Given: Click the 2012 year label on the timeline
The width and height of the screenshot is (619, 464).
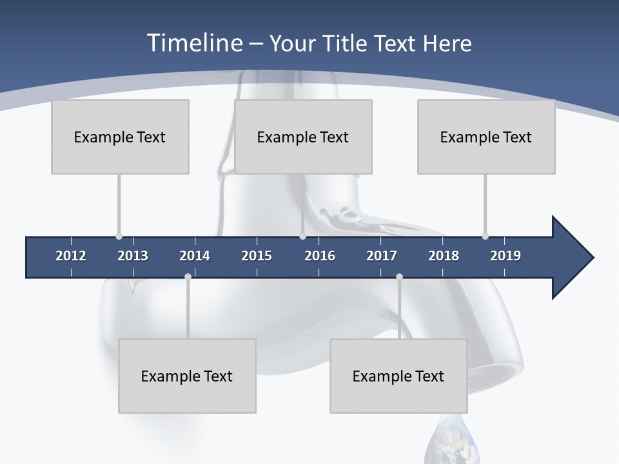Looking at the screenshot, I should pyautogui.click(x=71, y=256).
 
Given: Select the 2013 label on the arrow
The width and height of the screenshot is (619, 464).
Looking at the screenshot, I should pyautogui.click(x=133, y=256).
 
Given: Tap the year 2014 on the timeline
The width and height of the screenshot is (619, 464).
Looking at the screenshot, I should pyautogui.click(x=195, y=256).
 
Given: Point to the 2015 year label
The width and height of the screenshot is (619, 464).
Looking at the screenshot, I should pyautogui.click(x=257, y=256).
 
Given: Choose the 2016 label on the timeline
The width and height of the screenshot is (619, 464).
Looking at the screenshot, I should pyautogui.click(x=320, y=256).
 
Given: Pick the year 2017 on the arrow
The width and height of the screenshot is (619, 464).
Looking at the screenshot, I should pyautogui.click(x=382, y=256).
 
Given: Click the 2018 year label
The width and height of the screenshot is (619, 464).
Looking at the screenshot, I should pyautogui.click(x=444, y=256).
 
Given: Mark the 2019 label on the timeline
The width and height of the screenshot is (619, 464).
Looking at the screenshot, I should pyautogui.click(x=506, y=256).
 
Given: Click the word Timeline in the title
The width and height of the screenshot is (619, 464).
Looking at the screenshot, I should pyautogui.click(x=194, y=43).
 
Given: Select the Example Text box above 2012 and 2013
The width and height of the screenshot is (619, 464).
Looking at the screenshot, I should pyautogui.click(x=120, y=137).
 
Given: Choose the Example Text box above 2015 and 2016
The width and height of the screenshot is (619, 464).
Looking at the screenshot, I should pyautogui.click(x=303, y=137).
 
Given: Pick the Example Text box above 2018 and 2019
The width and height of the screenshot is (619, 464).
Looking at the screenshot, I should pyautogui.click(x=486, y=137).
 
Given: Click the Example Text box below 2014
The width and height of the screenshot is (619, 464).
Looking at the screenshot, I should pyautogui.click(x=187, y=376).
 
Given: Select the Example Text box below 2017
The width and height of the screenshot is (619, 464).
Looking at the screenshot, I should pyautogui.click(x=398, y=376).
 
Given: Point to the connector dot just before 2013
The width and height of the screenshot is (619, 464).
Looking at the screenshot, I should pyautogui.click(x=119, y=237).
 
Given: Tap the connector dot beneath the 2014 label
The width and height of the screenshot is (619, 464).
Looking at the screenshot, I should pyautogui.click(x=188, y=276).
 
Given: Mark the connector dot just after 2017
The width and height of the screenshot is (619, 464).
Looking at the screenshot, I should pyautogui.click(x=399, y=276).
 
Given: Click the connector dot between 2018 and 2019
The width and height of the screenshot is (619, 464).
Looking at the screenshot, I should pyautogui.click(x=485, y=237).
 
